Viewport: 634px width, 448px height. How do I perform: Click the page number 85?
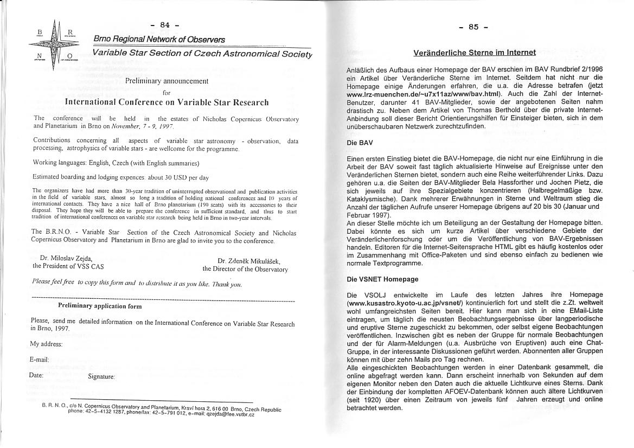pos(473,27)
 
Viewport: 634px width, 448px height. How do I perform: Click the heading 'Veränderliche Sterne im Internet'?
pos(475,53)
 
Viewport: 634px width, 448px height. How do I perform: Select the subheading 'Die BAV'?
pos(359,143)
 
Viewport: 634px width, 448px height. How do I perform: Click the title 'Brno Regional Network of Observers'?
pos(159,40)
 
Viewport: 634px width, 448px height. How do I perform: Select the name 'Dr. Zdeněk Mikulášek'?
pos(249,261)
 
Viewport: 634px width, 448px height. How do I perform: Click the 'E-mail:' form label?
pos(40,360)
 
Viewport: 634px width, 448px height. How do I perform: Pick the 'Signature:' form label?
pos(101,376)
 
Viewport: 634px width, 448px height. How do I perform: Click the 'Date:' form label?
pos(36,375)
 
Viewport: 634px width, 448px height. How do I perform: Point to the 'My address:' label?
pos(46,344)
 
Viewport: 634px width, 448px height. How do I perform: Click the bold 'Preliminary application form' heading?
pos(100,306)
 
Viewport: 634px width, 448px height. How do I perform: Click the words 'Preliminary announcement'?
pos(166,81)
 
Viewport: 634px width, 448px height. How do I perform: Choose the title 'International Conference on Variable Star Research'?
pos(166,102)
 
